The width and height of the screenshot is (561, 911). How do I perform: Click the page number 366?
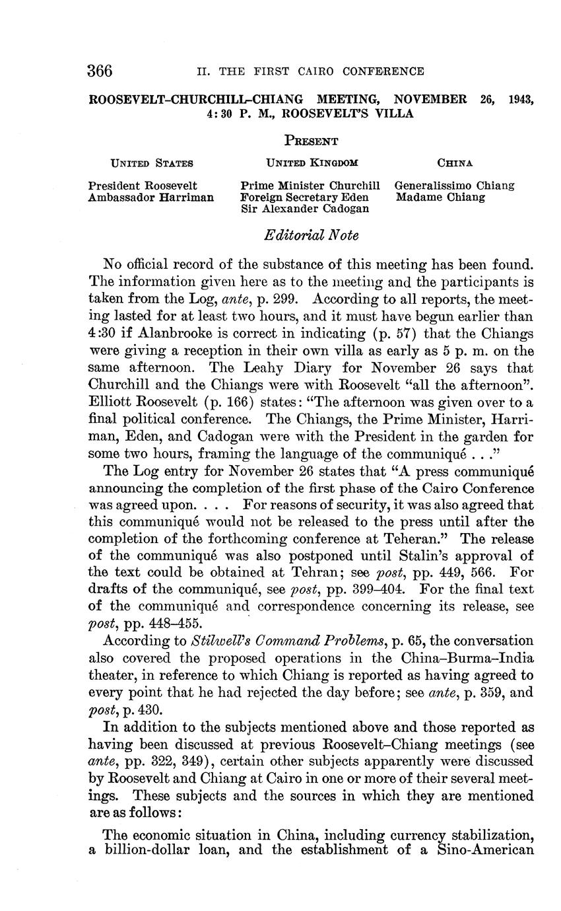pyautogui.click(x=100, y=71)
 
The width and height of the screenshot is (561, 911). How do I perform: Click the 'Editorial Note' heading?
pyautogui.click(x=312, y=235)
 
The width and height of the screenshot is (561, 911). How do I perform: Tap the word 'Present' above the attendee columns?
pyautogui.click(x=312, y=141)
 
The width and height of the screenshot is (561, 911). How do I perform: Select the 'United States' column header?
pyautogui.click(x=151, y=163)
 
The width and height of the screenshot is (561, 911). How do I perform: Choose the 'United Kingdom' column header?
pyautogui.click(x=312, y=163)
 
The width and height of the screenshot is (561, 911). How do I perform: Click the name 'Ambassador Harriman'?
pyautogui.click(x=151, y=197)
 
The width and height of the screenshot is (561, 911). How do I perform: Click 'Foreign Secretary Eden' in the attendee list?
pyautogui.click(x=304, y=197)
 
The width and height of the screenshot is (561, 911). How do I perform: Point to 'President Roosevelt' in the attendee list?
pyautogui.click(x=143, y=186)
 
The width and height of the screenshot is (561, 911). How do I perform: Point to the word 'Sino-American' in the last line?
pyautogui.click(x=486, y=850)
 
